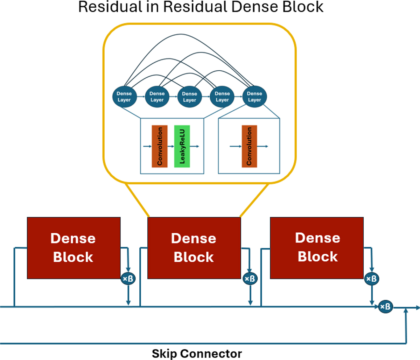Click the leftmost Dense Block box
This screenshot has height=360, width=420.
(73, 248)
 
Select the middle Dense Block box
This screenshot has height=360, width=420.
(194, 248)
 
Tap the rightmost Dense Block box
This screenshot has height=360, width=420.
(317, 248)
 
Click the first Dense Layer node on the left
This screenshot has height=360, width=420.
(124, 97)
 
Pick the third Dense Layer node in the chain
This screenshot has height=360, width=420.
(189, 97)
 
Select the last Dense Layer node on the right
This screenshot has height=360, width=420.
(254, 97)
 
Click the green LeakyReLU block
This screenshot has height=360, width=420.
(182, 146)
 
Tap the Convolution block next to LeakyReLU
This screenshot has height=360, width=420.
(160, 146)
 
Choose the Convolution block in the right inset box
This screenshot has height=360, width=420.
(249, 146)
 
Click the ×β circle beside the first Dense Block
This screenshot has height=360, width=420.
(128, 279)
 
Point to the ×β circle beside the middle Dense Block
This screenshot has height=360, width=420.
(250, 279)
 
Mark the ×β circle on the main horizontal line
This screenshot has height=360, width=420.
(386, 307)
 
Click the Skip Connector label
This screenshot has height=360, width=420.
(197, 353)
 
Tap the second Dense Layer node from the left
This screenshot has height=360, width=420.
(157, 97)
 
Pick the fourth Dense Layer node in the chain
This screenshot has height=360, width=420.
(222, 97)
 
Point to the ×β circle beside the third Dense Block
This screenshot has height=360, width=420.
(371, 279)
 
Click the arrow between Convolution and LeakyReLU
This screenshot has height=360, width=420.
(171, 146)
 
